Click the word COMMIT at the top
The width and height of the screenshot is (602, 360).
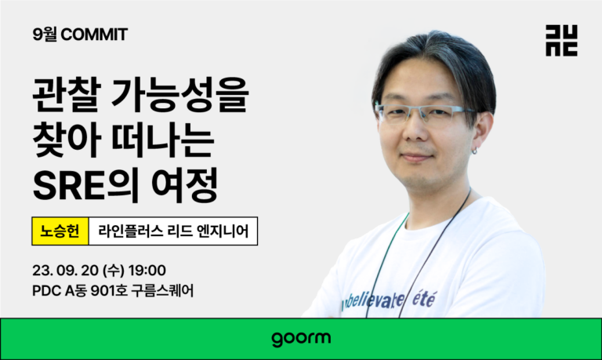pyautogui.click(x=94, y=35)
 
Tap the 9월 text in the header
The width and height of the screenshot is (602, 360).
pyautogui.click(x=45, y=35)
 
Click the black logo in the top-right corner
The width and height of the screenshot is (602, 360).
pyautogui.click(x=561, y=41)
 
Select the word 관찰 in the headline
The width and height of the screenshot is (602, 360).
pyautogui.click(x=67, y=95)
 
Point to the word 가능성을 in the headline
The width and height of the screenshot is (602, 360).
pyautogui.click(x=180, y=95)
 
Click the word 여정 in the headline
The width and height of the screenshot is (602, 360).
pyautogui.click(x=185, y=185)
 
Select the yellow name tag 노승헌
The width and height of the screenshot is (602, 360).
pyautogui.click(x=60, y=231)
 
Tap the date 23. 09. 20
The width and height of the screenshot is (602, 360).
pyautogui.click(x=66, y=271)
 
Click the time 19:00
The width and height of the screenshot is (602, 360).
pyautogui.click(x=147, y=271)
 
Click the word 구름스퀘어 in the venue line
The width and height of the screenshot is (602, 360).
pyautogui.click(x=162, y=291)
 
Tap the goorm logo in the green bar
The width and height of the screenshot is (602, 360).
pyautogui.click(x=301, y=339)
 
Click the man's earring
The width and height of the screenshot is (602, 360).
pyautogui.click(x=474, y=151)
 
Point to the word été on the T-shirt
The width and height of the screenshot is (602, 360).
pyautogui.click(x=424, y=299)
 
